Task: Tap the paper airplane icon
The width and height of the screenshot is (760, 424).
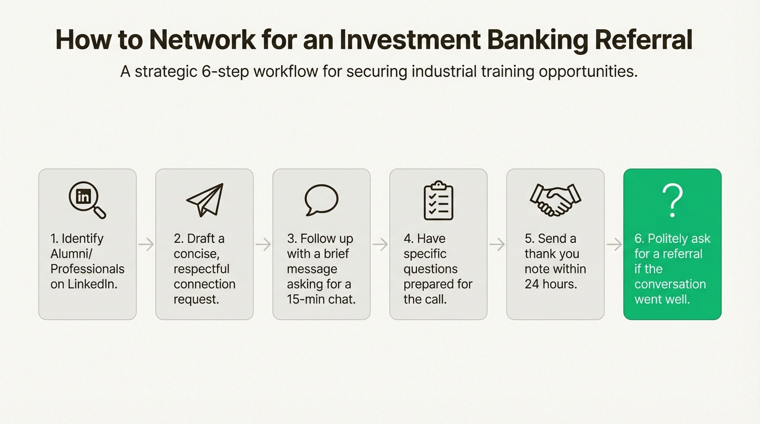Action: (x=205, y=200)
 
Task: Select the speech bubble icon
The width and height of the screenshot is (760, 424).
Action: (x=321, y=200)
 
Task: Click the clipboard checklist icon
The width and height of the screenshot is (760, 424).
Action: (x=438, y=200)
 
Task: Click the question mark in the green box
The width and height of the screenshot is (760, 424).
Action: (x=672, y=200)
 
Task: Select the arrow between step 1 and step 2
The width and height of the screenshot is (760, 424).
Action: (x=146, y=245)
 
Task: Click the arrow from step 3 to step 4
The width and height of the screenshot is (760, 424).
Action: (x=380, y=245)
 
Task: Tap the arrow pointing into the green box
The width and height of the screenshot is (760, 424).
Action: (x=614, y=245)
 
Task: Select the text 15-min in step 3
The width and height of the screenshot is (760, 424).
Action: (x=305, y=299)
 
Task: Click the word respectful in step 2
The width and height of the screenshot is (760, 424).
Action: (x=201, y=269)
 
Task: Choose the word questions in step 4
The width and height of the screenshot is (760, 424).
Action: (x=430, y=269)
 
